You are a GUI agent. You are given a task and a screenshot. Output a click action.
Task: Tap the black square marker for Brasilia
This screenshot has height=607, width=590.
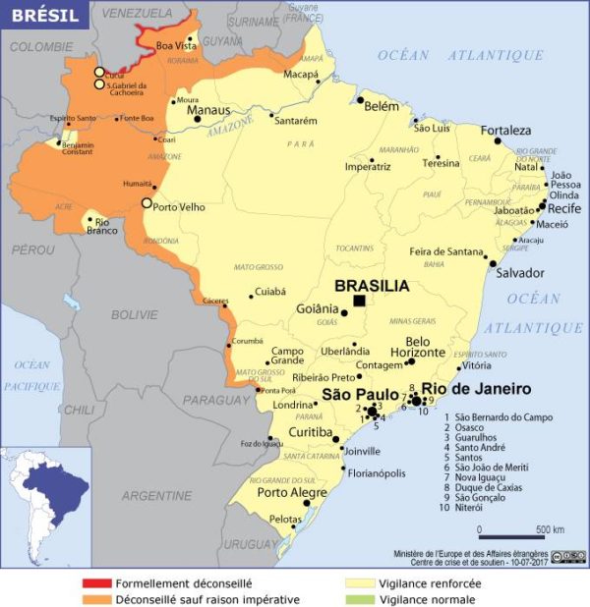[360, 301]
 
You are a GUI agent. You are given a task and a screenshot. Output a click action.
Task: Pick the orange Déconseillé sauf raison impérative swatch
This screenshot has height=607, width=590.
[96, 598]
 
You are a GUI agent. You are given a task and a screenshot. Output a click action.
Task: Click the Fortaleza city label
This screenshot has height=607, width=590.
[505, 131]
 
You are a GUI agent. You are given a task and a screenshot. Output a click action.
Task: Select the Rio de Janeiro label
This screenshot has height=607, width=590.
[490, 388]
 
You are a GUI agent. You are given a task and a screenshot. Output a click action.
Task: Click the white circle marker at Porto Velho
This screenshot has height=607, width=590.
[147, 203]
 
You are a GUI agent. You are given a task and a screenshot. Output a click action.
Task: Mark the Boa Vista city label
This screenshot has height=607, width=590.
[177, 45]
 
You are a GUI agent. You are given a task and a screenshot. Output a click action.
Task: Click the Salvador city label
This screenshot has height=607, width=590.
[518, 273]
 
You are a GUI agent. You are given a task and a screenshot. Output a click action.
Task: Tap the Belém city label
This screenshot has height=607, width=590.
[382, 106]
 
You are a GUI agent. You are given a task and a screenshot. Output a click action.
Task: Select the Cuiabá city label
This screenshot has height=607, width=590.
[269, 292]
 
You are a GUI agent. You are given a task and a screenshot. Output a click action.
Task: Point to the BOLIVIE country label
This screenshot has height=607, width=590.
[134, 314]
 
